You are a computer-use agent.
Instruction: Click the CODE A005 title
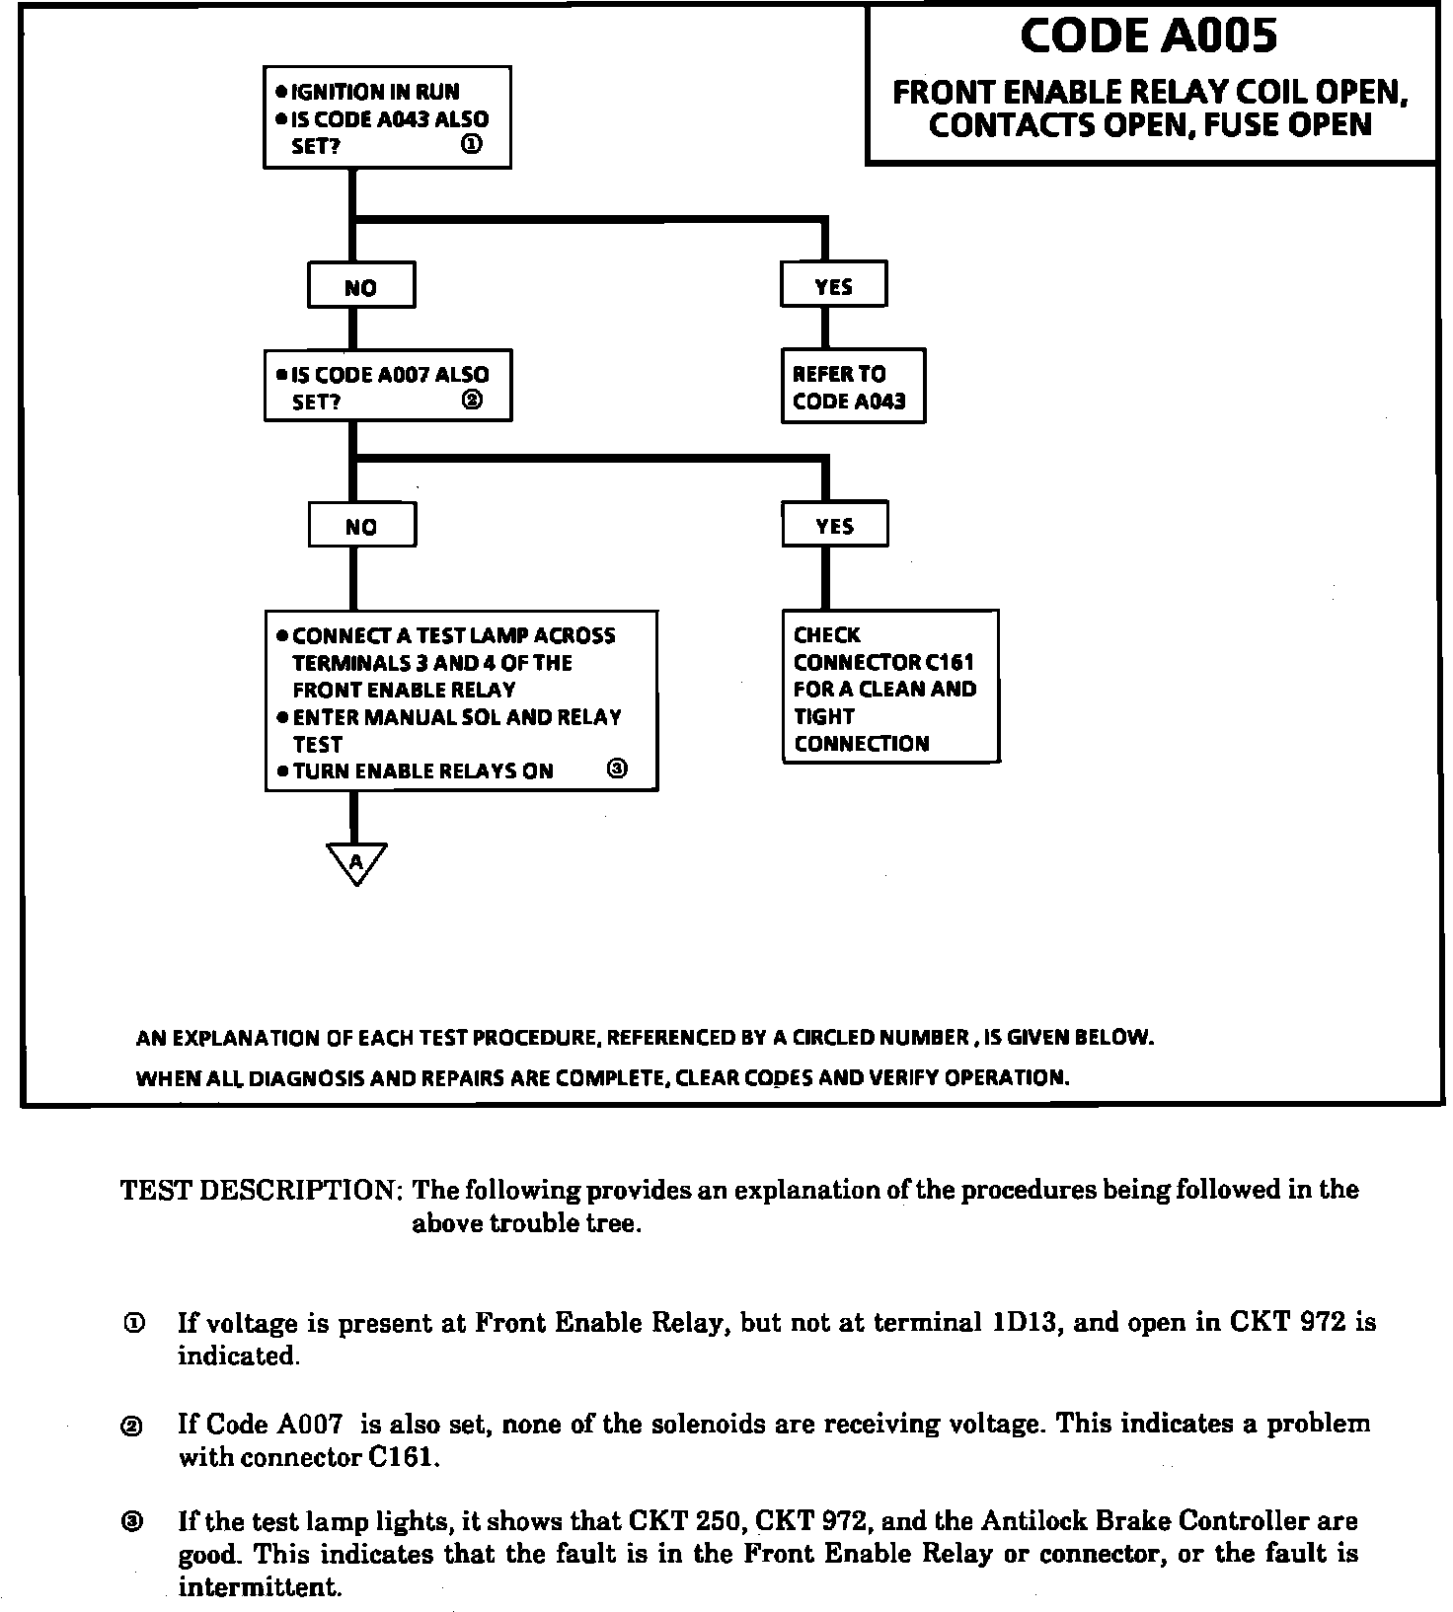point(1148,37)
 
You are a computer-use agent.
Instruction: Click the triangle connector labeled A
point(356,861)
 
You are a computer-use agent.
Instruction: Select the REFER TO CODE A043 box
point(853,387)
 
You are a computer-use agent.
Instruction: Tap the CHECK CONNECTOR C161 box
point(890,688)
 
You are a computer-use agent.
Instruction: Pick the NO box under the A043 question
point(361,286)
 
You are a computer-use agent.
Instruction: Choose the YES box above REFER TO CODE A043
point(833,285)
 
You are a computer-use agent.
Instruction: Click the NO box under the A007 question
point(361,526)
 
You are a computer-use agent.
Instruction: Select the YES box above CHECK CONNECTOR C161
point(834,525)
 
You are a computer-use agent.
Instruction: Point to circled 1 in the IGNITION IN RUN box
point(472,145)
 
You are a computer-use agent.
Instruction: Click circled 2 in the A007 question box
point(472,401)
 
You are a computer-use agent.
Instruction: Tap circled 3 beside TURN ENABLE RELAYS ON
point(617,769)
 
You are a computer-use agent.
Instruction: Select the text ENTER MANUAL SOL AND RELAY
point(457,717)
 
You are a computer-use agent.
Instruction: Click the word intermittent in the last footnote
point(260,1587)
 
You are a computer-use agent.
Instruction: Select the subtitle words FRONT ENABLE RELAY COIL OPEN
point(1150,93)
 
